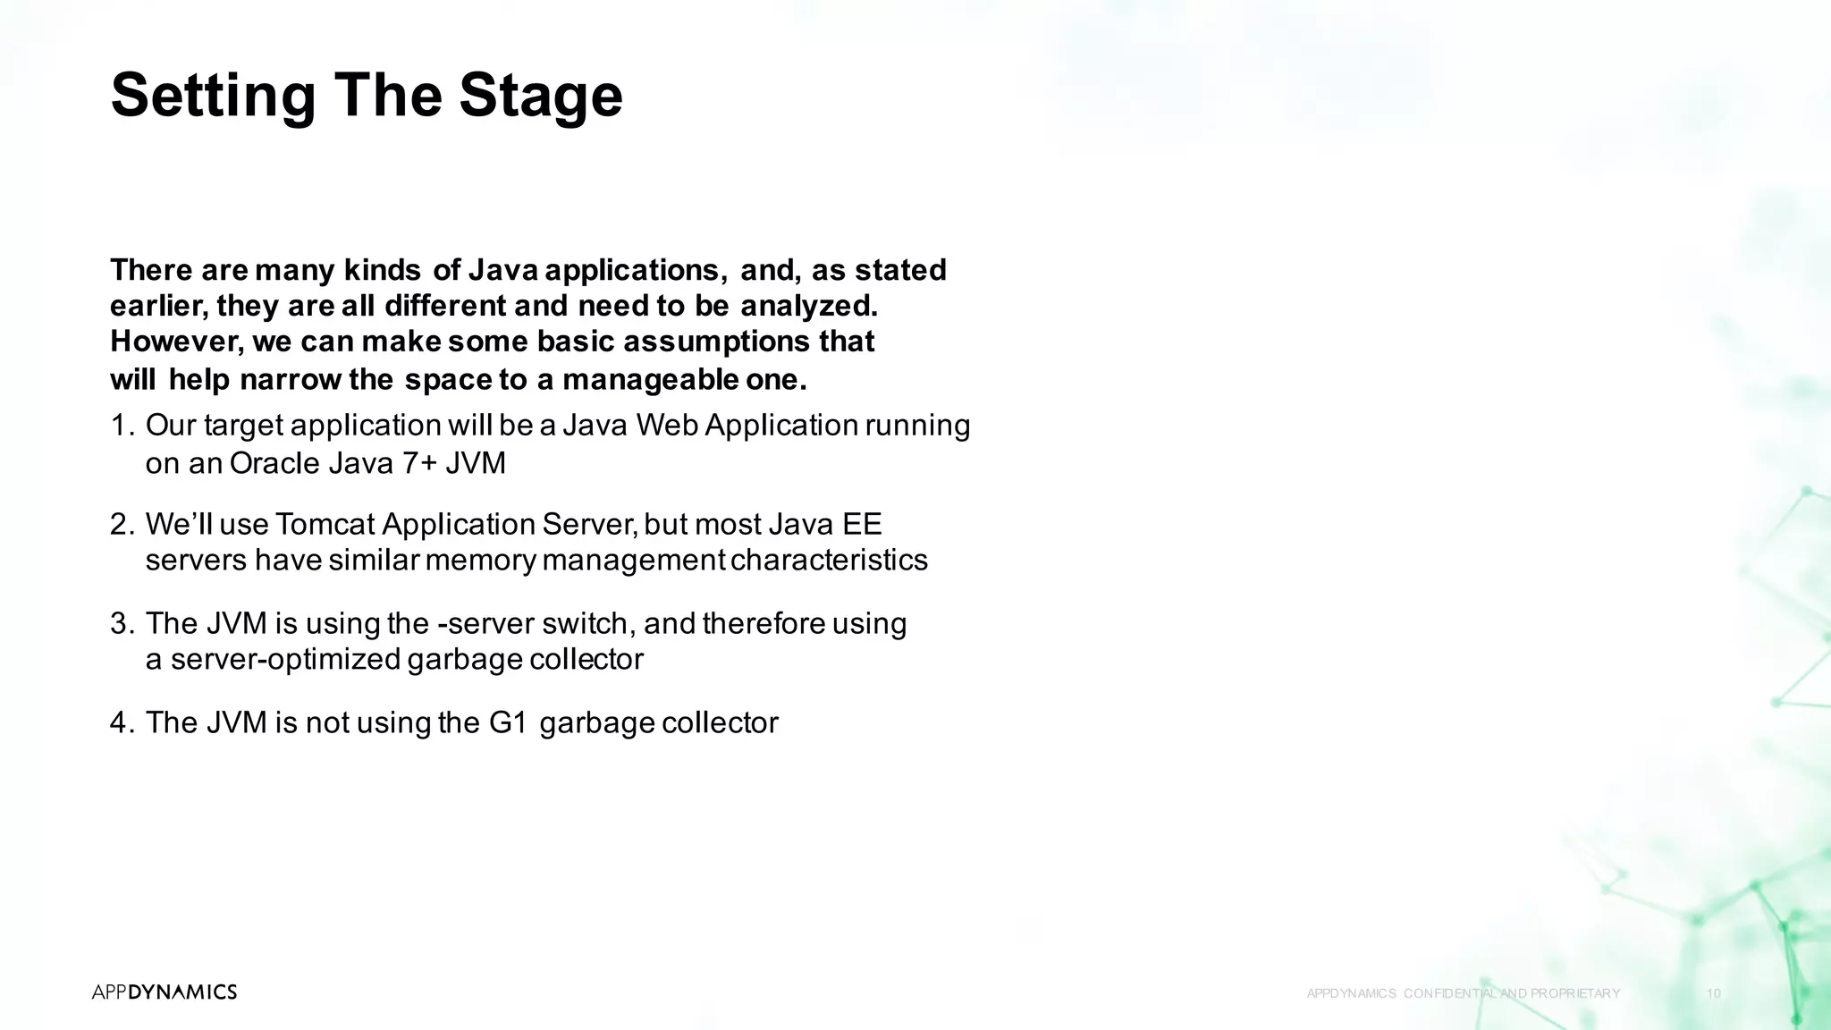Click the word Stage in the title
(x=541, y=96)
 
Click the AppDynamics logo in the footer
(x=165, y=992)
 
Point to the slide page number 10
(x=1714, y=993)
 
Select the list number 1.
(x=120, y=426)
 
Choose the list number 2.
(x=121, y=525)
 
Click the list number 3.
(x=121, y=624)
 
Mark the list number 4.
(x=121, y=723)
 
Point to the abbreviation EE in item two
(x=862, y=525)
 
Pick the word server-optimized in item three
(x=285, y=660)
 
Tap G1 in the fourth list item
(x=509, y=723)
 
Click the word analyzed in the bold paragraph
(x=808, y=307)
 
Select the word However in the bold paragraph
(x=175, y=342)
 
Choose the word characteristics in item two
(x=829, y=561)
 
